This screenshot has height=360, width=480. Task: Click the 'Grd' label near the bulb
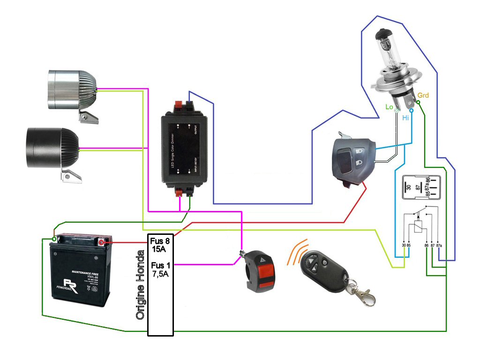[x=423, y=96]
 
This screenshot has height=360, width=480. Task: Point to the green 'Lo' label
[x=389, y=107]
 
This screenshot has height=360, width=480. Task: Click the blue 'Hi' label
[x=405, y=118]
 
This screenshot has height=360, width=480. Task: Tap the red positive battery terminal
[x=102, y=242]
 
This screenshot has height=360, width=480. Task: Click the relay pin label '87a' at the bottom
[x=439, y=245]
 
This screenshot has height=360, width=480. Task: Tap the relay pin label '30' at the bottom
[x=404, y=245]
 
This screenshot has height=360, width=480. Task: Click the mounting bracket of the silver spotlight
[x=89, y=117]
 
